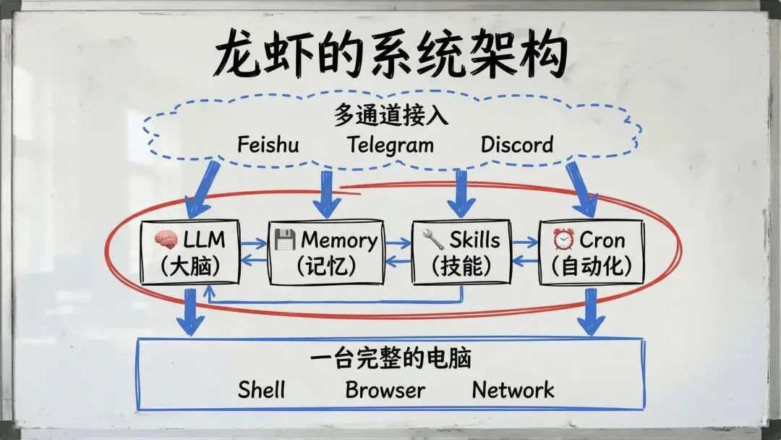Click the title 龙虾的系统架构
(x=390, y=54)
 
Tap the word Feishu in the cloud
(x=268, y=144)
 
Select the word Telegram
(x=390, y=144)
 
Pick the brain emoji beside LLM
(x=166, y=240)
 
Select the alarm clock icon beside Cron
(x=563, y=240)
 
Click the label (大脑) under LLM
(x=190, y=266)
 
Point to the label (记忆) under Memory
(x=326, y=266)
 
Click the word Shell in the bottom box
(x=262, y=390)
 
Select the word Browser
(x=385, y=390)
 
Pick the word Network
(x=513, y=390)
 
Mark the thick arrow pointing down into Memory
(x=327, y=194)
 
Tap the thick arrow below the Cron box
(x=592, y=311)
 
